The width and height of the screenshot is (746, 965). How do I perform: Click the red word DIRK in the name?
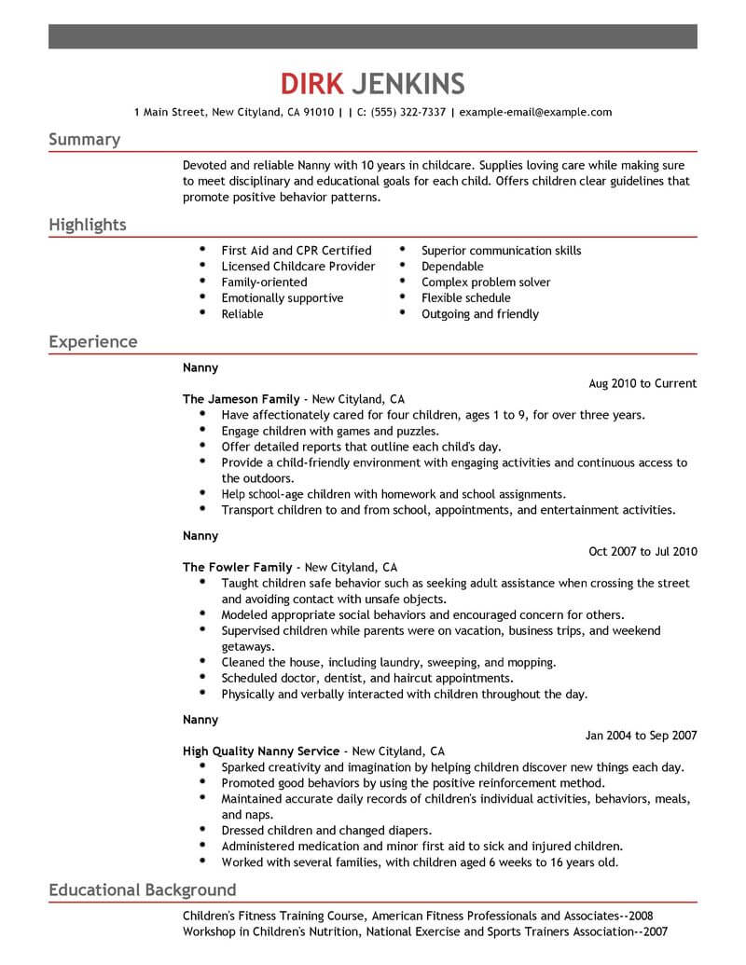[311, 84]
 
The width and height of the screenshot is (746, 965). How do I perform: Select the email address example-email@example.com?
[535, 112]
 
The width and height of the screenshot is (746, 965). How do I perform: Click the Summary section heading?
[84, 140]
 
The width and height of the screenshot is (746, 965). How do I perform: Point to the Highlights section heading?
[88, 226]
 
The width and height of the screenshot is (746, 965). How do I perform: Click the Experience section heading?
[93, 341]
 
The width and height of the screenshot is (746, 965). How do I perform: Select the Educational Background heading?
[143, 889]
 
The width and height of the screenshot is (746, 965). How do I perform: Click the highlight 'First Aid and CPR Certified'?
[297, 251]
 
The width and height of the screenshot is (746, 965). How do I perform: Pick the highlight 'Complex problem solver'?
[486, 283]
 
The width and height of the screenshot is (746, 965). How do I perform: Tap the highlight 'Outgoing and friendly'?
[480, 314]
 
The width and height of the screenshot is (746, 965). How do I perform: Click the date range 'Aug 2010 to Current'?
[643, 383]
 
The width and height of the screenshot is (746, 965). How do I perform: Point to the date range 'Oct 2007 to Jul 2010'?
[642, 551]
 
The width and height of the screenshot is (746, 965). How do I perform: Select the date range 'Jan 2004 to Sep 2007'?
[642, 735]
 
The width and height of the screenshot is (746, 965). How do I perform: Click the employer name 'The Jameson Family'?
[242, 398]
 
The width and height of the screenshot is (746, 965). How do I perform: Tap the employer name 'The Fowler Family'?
[238, 567]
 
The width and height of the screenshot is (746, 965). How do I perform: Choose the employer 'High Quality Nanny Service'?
[262, 751]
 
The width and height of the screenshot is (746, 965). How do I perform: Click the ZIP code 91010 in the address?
[317, 112]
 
